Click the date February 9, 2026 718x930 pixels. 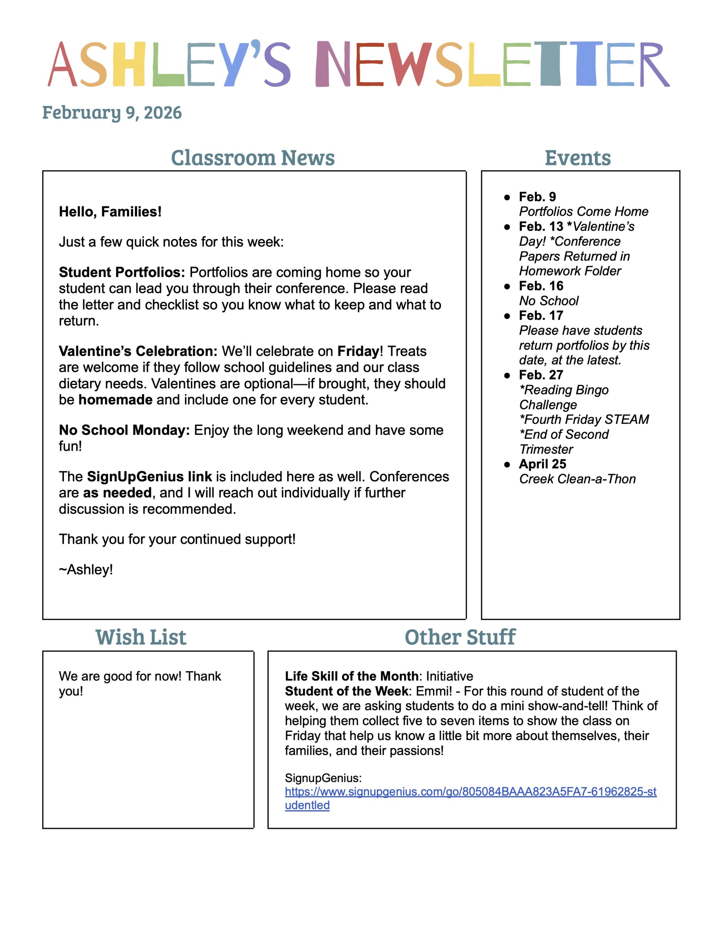[112, 113]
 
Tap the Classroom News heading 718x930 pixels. [253, 158]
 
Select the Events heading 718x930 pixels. [578, 158]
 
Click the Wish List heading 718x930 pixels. [141, 638]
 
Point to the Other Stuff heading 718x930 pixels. [460, 638]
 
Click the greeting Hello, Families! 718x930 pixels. [110, 212]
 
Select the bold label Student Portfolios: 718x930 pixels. [122, 272]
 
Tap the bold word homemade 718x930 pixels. [115, 400]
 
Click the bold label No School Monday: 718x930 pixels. [124, 430]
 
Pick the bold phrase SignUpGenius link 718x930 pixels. [150, 477]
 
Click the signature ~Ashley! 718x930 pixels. [86, 569]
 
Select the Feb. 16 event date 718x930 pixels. [541, 286]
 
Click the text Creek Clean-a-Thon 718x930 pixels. [577, 479]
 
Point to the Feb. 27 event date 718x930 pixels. [541, 375]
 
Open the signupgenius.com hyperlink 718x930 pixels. [470, 792]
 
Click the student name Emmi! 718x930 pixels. [434, 691]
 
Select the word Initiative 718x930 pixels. [449, 676]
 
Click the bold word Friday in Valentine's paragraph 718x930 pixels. [358, 351]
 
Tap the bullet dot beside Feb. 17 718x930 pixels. [507, 316]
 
